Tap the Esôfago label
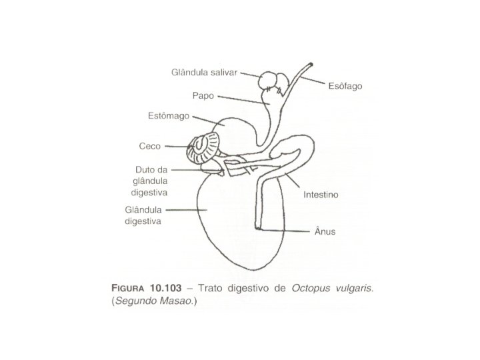point(344,87)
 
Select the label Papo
point(203,95)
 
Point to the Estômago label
point(167,115)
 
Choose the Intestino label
point(322,195)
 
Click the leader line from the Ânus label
point(283,231)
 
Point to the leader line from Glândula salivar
point(249,73)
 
